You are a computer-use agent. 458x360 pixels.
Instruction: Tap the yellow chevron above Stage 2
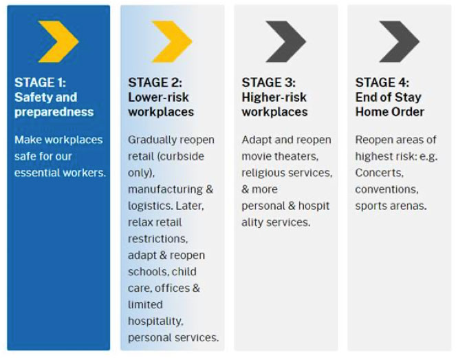pyautogui.click(x=173, y=41)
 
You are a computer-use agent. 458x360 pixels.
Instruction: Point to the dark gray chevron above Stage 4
pyautogui.click(x=400, y=41)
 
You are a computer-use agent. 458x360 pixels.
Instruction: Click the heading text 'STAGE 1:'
pyautogui.click(x=41, y=83)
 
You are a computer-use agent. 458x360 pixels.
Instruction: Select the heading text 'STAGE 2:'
pyautogui.click(x=155, y=83)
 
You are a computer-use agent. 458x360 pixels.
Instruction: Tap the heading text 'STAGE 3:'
pyautogui.click(x=269, y=83)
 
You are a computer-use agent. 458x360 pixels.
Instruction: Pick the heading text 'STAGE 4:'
pyautogui.click(x=382, y=83)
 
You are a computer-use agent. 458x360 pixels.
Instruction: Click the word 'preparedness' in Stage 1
pyautogui.click(x=54, y=112)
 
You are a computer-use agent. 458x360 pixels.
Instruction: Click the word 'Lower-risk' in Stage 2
pyautogui.click(x=159, y=97)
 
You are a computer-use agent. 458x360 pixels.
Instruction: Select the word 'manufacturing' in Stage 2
pyautogui.click(x=165, y=190)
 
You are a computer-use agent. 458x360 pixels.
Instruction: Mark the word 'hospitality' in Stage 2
pyautogui.click(x=155, y=321)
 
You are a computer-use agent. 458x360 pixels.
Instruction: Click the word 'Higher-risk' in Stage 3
pyautogui.click(x=274, y=97)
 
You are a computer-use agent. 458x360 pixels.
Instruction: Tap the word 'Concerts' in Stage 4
pyautogui.click(x=380, y=173)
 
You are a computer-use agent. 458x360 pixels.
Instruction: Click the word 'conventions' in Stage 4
pyautogui.click(x=386, y=190)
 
